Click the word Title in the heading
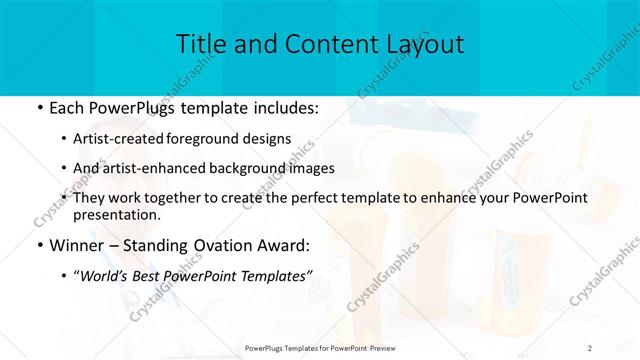199,45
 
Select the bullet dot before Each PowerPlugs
38,106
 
